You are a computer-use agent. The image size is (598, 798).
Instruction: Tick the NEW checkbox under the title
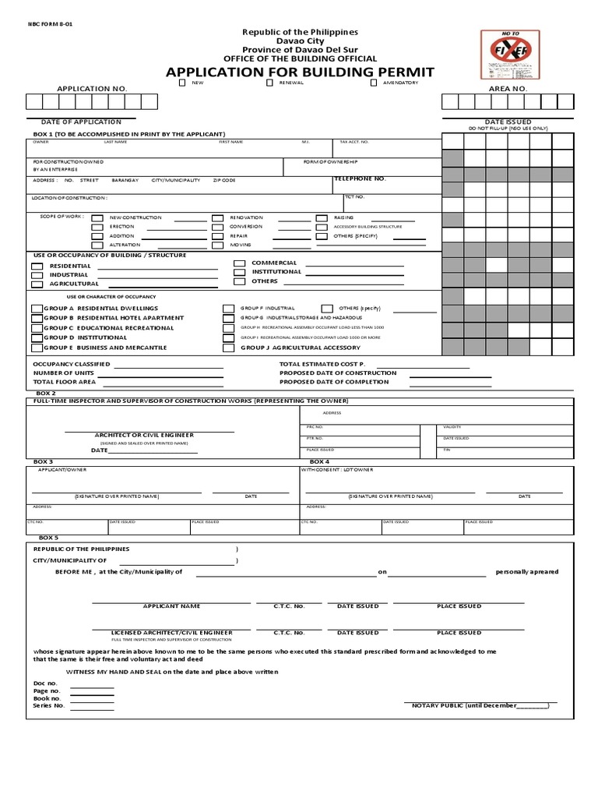182,82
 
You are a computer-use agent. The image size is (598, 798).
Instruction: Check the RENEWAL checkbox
269,82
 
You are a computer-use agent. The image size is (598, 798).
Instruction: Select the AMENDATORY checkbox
374,82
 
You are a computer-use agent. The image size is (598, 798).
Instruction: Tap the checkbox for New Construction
97,217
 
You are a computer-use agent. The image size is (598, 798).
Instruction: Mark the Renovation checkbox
218,217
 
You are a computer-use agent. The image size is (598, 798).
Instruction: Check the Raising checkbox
321,217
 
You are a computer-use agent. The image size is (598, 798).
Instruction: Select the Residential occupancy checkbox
37,266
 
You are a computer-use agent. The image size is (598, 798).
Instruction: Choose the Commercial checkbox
240,263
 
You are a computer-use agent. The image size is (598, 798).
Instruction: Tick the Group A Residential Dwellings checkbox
37,309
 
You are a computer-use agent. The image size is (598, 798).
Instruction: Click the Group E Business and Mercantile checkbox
37,347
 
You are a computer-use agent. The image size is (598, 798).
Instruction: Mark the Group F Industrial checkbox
228,309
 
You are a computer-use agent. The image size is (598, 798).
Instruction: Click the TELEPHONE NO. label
360,178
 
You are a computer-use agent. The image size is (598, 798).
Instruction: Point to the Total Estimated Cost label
322,364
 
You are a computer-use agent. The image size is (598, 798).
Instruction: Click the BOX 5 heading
48,538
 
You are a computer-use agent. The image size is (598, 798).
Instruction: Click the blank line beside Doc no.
92,686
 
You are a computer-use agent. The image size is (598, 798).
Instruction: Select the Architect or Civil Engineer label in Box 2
144,434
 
